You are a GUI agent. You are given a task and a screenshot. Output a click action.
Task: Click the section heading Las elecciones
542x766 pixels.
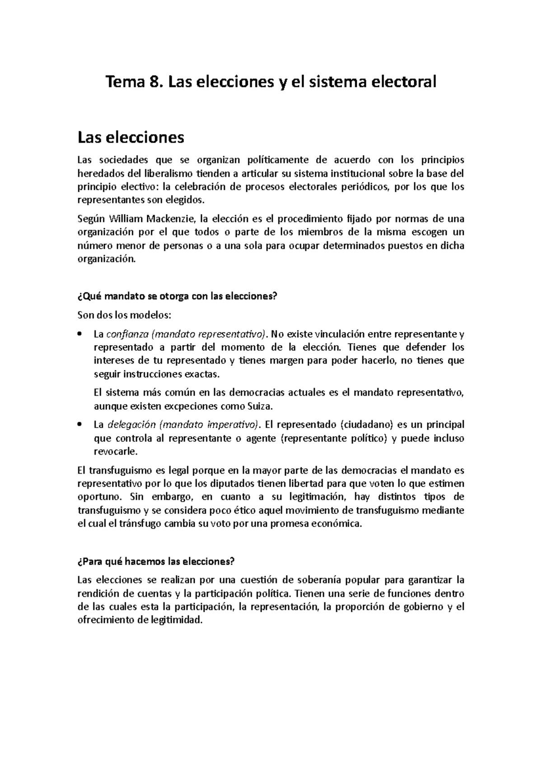click(x=131, y=137)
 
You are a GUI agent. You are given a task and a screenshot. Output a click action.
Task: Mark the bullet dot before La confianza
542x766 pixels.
click(x=80, y=334)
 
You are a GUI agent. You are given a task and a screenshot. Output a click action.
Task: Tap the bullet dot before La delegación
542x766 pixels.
click(x=80, y=425)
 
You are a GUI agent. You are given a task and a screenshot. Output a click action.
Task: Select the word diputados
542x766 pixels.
click(x=234, y=484)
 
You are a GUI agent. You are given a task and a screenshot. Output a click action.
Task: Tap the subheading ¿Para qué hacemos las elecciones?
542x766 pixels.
click(x=156, y=561)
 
